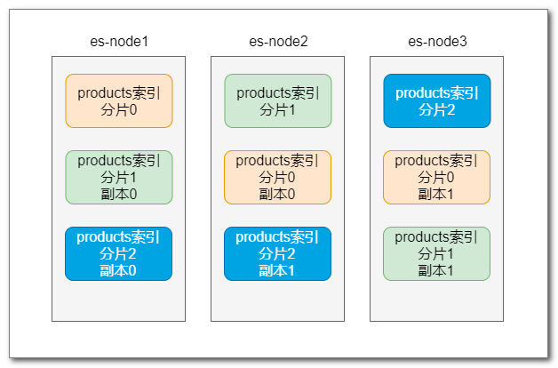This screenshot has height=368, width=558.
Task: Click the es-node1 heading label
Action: (119, 42)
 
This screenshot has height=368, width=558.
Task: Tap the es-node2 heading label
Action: (278, 42)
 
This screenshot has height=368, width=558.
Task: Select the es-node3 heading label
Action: (437, 42)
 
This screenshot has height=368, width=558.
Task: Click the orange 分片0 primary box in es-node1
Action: (119, 100)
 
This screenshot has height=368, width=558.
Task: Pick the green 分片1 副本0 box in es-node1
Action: (119, 177)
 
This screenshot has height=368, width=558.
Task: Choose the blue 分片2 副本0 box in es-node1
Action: (118, 253)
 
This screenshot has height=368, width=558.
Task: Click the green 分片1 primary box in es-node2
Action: (278, 100)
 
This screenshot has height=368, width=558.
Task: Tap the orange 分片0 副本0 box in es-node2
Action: (277, 177)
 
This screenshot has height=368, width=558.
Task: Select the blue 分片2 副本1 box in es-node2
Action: (277, 253)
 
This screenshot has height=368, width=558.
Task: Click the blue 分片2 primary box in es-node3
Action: (437, 100)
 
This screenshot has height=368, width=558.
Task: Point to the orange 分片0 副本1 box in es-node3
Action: (436, 177)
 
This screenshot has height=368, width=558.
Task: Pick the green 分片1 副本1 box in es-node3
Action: (436, 253)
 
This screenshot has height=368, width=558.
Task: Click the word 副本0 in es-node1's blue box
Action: (118, 271)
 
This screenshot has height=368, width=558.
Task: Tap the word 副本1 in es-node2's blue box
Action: (277, 271)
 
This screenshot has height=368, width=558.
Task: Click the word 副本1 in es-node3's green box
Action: (436, 271)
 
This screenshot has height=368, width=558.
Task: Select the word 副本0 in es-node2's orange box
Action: (277, 195)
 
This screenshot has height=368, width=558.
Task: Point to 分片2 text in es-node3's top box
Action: (436, 109)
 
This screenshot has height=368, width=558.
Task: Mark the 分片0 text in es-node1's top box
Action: (119, 109)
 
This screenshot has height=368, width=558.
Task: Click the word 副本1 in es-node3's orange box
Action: (436, 195)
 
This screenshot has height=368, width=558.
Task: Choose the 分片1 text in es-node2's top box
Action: (277, 109)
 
